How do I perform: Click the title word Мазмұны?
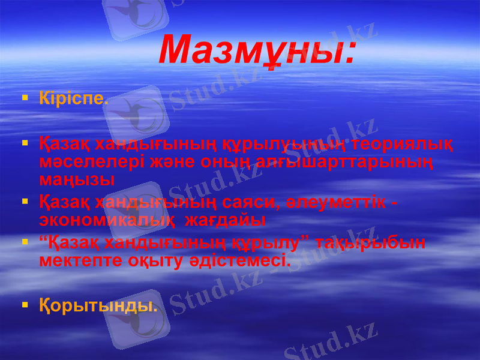click(x=257, y=50)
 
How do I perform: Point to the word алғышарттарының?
click(x=351, y=162)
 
